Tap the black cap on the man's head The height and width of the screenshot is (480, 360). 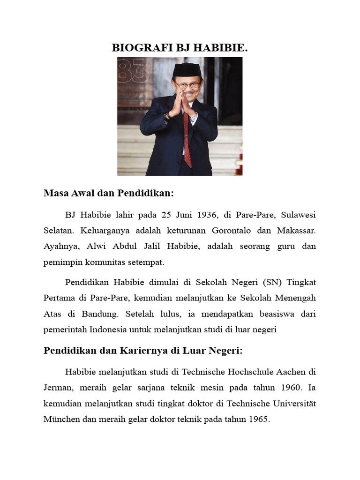pyautogui.click(x=187, y=70)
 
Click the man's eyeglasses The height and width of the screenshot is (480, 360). pyautogui.click(x=187, y=85)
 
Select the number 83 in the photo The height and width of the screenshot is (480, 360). pyautogui.click(x=134, y=72)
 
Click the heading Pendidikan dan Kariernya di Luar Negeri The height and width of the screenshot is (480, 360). pyautogui.click(x=142, y=351)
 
